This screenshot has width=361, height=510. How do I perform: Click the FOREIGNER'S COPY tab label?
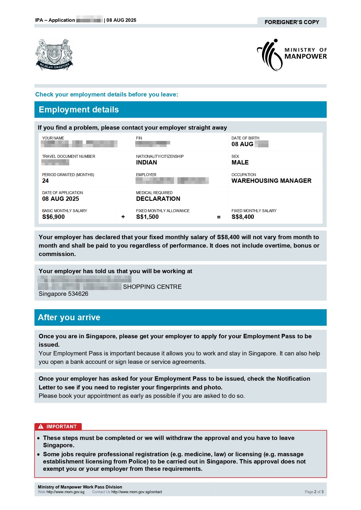pyautogui.click(x=292, y=22)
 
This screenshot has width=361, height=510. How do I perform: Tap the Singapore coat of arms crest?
pyautogui.click(x=54, y=55)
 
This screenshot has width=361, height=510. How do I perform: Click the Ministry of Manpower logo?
pyautogui.click(x=291, y=55)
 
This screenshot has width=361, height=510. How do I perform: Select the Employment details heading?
pyautogui.click(x=79, y=110)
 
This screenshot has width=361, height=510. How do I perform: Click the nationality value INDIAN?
pyautogui.click(x=146, y=162)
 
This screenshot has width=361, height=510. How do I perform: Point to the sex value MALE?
pyautogui.click(x=240, y=162)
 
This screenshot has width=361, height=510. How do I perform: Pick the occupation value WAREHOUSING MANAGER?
pyautogui.click(x=271, y=181)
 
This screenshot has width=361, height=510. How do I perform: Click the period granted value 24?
pyautogui.click(x=45, y=181)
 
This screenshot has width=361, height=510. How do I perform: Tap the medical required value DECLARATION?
pyautogui.click(x=158, y=199)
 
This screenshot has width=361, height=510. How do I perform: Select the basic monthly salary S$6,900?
pyautogui.click(x=54, y=217)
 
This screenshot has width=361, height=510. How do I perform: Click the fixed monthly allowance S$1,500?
pyautogui.click(x=147, y=217)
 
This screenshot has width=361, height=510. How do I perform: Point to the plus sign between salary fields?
pyautogui.click(x=123, y=217)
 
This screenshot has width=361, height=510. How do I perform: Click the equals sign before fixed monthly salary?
pyautogui.click(x=219, y=217)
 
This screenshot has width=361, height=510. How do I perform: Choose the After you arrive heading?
pyautogui.click(x=69, y=317)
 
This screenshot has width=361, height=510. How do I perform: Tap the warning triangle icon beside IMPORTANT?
pyautogui.click(x=41, y=427)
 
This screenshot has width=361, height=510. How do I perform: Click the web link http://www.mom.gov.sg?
pyautogui.click(x=65, y=492)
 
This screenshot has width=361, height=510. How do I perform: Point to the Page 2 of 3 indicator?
pyautogui.click(x=314, y=492)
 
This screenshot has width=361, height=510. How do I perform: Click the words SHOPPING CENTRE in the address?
pyautogui.click(x=152, y=287)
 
